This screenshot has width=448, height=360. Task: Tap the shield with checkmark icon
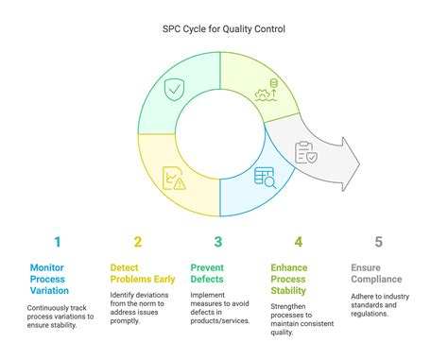[175, 91]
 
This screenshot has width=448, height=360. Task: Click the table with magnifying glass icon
[264, 176]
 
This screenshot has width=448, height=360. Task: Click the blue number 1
[57, 242]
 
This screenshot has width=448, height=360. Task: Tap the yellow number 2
[138, 242]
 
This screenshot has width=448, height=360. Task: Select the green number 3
[218, 242]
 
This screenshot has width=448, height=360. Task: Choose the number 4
[299, 242]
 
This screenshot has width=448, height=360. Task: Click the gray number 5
[379, 242]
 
